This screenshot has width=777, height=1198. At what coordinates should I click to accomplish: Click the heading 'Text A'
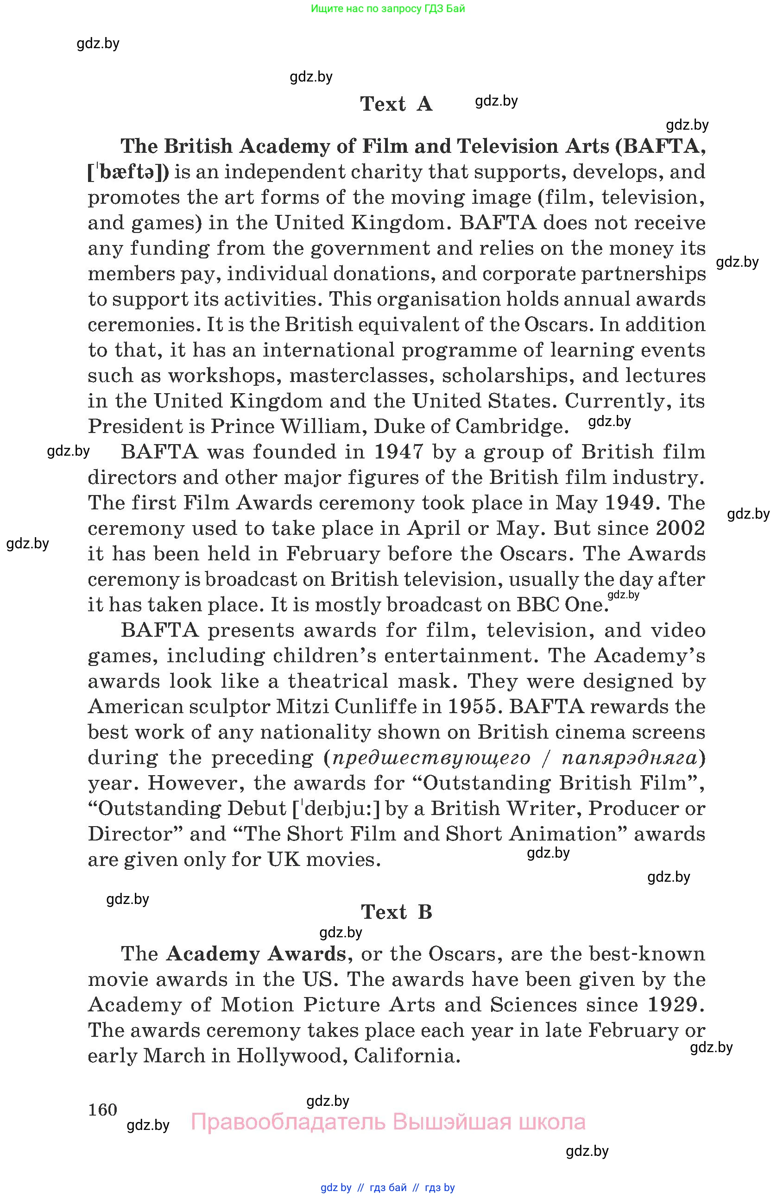396,104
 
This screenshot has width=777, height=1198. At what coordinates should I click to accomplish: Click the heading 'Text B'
396,912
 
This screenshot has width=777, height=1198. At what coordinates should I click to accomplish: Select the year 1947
398,452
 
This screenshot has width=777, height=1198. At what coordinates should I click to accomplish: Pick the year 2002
680,528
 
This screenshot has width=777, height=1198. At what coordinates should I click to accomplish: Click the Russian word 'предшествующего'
431,758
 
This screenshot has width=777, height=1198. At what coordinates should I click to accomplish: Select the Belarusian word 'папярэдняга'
630,758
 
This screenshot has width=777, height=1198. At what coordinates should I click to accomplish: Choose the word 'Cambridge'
512,427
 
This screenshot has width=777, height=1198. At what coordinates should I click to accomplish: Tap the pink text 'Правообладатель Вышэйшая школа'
388,1122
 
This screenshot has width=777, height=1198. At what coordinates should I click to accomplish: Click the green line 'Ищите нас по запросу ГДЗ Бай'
388,8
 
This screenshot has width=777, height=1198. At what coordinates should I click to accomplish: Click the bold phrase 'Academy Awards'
256,954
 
